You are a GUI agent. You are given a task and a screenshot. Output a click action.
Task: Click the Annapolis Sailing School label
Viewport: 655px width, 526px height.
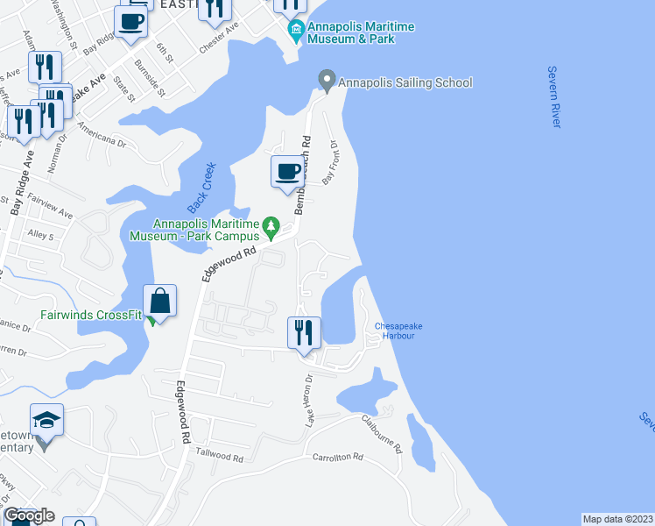click(405, 82)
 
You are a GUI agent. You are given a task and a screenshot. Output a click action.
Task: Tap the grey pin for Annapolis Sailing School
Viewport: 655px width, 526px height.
click(327, 82)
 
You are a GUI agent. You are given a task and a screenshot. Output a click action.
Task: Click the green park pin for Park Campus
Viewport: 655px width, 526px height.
click(271, 229)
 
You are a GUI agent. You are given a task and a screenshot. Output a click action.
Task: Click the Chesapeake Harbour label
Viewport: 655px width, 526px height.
click(398, 331)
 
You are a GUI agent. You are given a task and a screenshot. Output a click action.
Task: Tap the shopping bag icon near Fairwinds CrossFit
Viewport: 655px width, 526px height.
click(161, 302)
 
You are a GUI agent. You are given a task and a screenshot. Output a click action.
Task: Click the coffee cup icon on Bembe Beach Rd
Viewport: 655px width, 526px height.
click(286, 170)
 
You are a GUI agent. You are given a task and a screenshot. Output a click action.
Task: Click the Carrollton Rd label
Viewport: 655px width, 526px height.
click(337, 458)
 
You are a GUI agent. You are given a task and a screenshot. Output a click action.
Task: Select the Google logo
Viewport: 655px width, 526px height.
click(29, 515)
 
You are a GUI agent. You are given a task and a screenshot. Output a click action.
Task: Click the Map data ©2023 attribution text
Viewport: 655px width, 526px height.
click(616, 519)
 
